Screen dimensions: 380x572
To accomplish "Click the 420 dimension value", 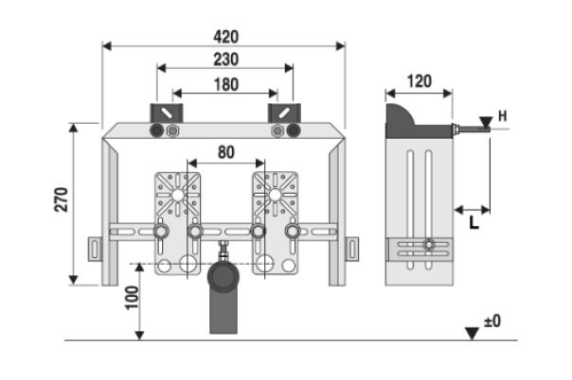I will click(x=225, y=37).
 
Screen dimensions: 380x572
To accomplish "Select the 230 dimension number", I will click(x=224, y=60).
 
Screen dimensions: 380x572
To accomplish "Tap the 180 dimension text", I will click(x=225, y=84).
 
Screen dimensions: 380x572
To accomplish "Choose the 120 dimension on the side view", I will click(x=419, y=81).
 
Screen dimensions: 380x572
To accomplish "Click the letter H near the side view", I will click(x=503, y=116).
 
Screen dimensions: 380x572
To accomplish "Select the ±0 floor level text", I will click(x=492, y=322).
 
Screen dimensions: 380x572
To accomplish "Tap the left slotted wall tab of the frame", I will click(x=95, y=248).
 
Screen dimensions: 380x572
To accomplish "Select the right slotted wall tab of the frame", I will click(x=353, y=248).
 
